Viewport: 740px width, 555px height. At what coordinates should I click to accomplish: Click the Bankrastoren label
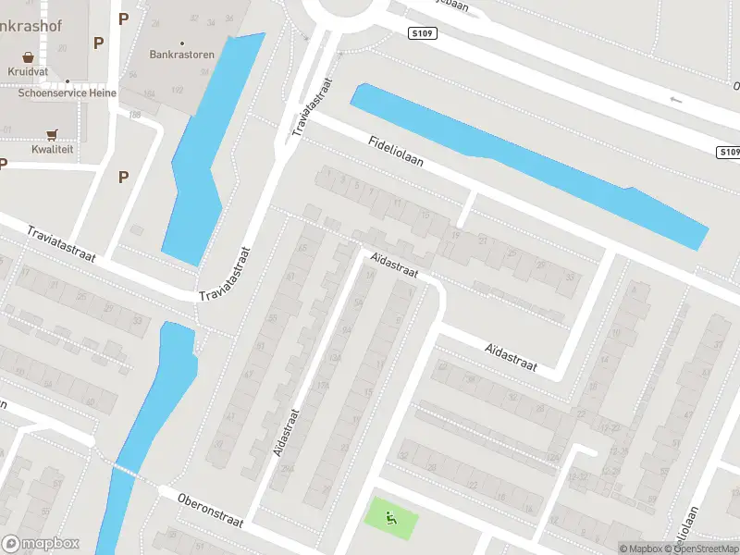182,55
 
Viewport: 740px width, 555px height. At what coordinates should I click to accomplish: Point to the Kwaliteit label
52,149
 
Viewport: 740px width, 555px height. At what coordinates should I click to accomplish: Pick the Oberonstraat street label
212,509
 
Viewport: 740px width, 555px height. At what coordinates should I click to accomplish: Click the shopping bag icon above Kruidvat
28,56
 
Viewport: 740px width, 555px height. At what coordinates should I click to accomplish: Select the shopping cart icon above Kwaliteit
52,134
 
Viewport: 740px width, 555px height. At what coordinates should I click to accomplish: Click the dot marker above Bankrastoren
182,43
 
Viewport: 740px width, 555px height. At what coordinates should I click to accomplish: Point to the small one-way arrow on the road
675,99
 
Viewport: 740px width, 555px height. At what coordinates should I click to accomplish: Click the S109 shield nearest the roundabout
422,33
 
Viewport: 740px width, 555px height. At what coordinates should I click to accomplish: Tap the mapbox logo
40,544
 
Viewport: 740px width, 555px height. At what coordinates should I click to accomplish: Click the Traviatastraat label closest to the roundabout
311,106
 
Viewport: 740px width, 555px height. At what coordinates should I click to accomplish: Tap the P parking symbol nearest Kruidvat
98,43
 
